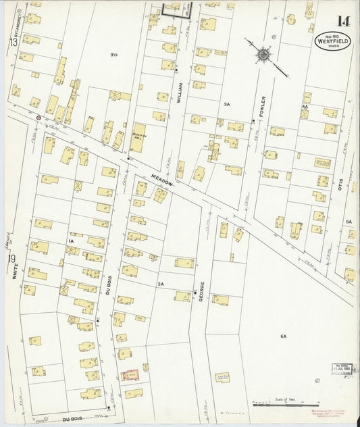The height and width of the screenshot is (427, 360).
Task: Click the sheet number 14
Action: [343, 21]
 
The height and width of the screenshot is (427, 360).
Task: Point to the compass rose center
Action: [262, 53]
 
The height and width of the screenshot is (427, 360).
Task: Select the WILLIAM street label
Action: [179, 93]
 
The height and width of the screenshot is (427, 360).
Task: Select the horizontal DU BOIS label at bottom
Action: [72, 420]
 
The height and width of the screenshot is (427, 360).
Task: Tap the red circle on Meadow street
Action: [38, 118]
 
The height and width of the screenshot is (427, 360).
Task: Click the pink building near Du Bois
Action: [130, 374]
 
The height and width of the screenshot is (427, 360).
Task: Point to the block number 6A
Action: [283, 336]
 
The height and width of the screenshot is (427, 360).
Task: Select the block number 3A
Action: [227, 105]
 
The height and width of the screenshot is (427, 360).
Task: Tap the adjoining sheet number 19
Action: [12, 259]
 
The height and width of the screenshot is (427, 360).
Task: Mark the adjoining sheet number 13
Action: [12, 43]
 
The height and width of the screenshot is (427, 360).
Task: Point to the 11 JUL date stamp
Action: [344, 369]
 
